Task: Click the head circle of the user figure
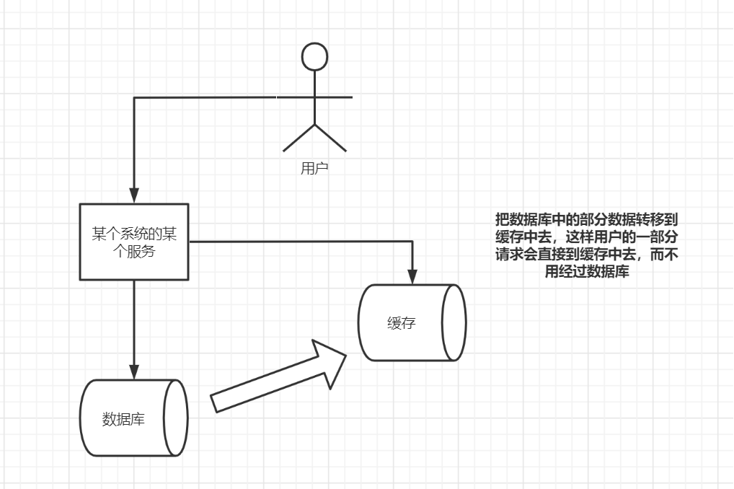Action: pos(314,57)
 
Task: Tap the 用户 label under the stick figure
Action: pos(314,169)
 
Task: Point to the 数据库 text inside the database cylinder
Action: pos(123,418)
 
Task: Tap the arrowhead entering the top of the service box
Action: pos(134,195)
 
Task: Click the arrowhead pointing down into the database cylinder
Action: pos(134,370)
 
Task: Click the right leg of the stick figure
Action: pos(330,138)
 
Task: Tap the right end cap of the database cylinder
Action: pos(176,418)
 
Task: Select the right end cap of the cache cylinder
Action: pos(454,322)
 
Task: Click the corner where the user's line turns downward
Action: pos(134,97)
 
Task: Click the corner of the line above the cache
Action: pos(412,242)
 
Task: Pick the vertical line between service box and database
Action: pos(134,325)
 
